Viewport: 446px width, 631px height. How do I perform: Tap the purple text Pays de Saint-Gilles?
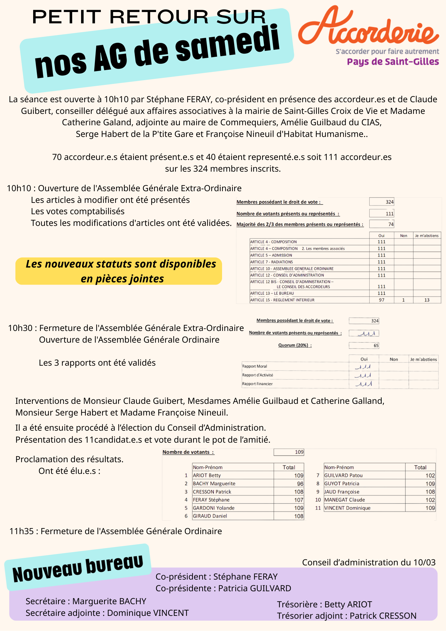point(393,62)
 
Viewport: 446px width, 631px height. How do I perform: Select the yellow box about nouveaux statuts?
point(119,271)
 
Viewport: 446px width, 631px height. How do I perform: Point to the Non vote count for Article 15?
point(403,300)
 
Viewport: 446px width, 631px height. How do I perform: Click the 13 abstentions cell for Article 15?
point(427,300)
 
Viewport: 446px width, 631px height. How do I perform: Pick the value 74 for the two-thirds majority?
point(391,224)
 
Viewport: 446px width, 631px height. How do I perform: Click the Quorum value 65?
point(376,345)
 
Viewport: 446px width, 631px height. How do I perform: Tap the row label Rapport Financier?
point(257,384)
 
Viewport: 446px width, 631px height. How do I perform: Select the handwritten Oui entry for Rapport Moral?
point(363,367)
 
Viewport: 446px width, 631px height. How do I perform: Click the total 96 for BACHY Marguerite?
point(300,484)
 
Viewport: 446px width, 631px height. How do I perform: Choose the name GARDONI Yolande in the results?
point(214,508)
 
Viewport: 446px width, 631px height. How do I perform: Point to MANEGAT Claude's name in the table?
point(344,500)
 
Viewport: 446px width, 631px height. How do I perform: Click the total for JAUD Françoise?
point(430,492)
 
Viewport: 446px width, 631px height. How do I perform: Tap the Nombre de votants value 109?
point(299,452)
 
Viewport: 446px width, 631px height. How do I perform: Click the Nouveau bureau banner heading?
point(78,569)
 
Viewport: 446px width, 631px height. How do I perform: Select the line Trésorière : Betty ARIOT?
point(325,604)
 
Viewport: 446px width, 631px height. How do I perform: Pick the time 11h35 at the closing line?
point(21,531)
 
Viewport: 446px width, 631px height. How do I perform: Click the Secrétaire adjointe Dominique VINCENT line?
point(107,613)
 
